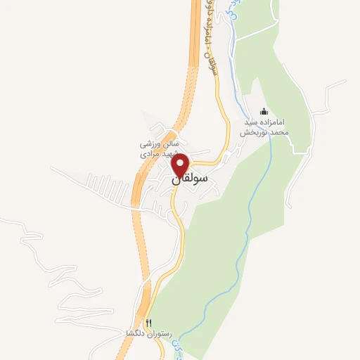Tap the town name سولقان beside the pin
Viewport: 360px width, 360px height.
pos(191,179)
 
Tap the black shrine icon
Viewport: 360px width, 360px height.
pos(264,111)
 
